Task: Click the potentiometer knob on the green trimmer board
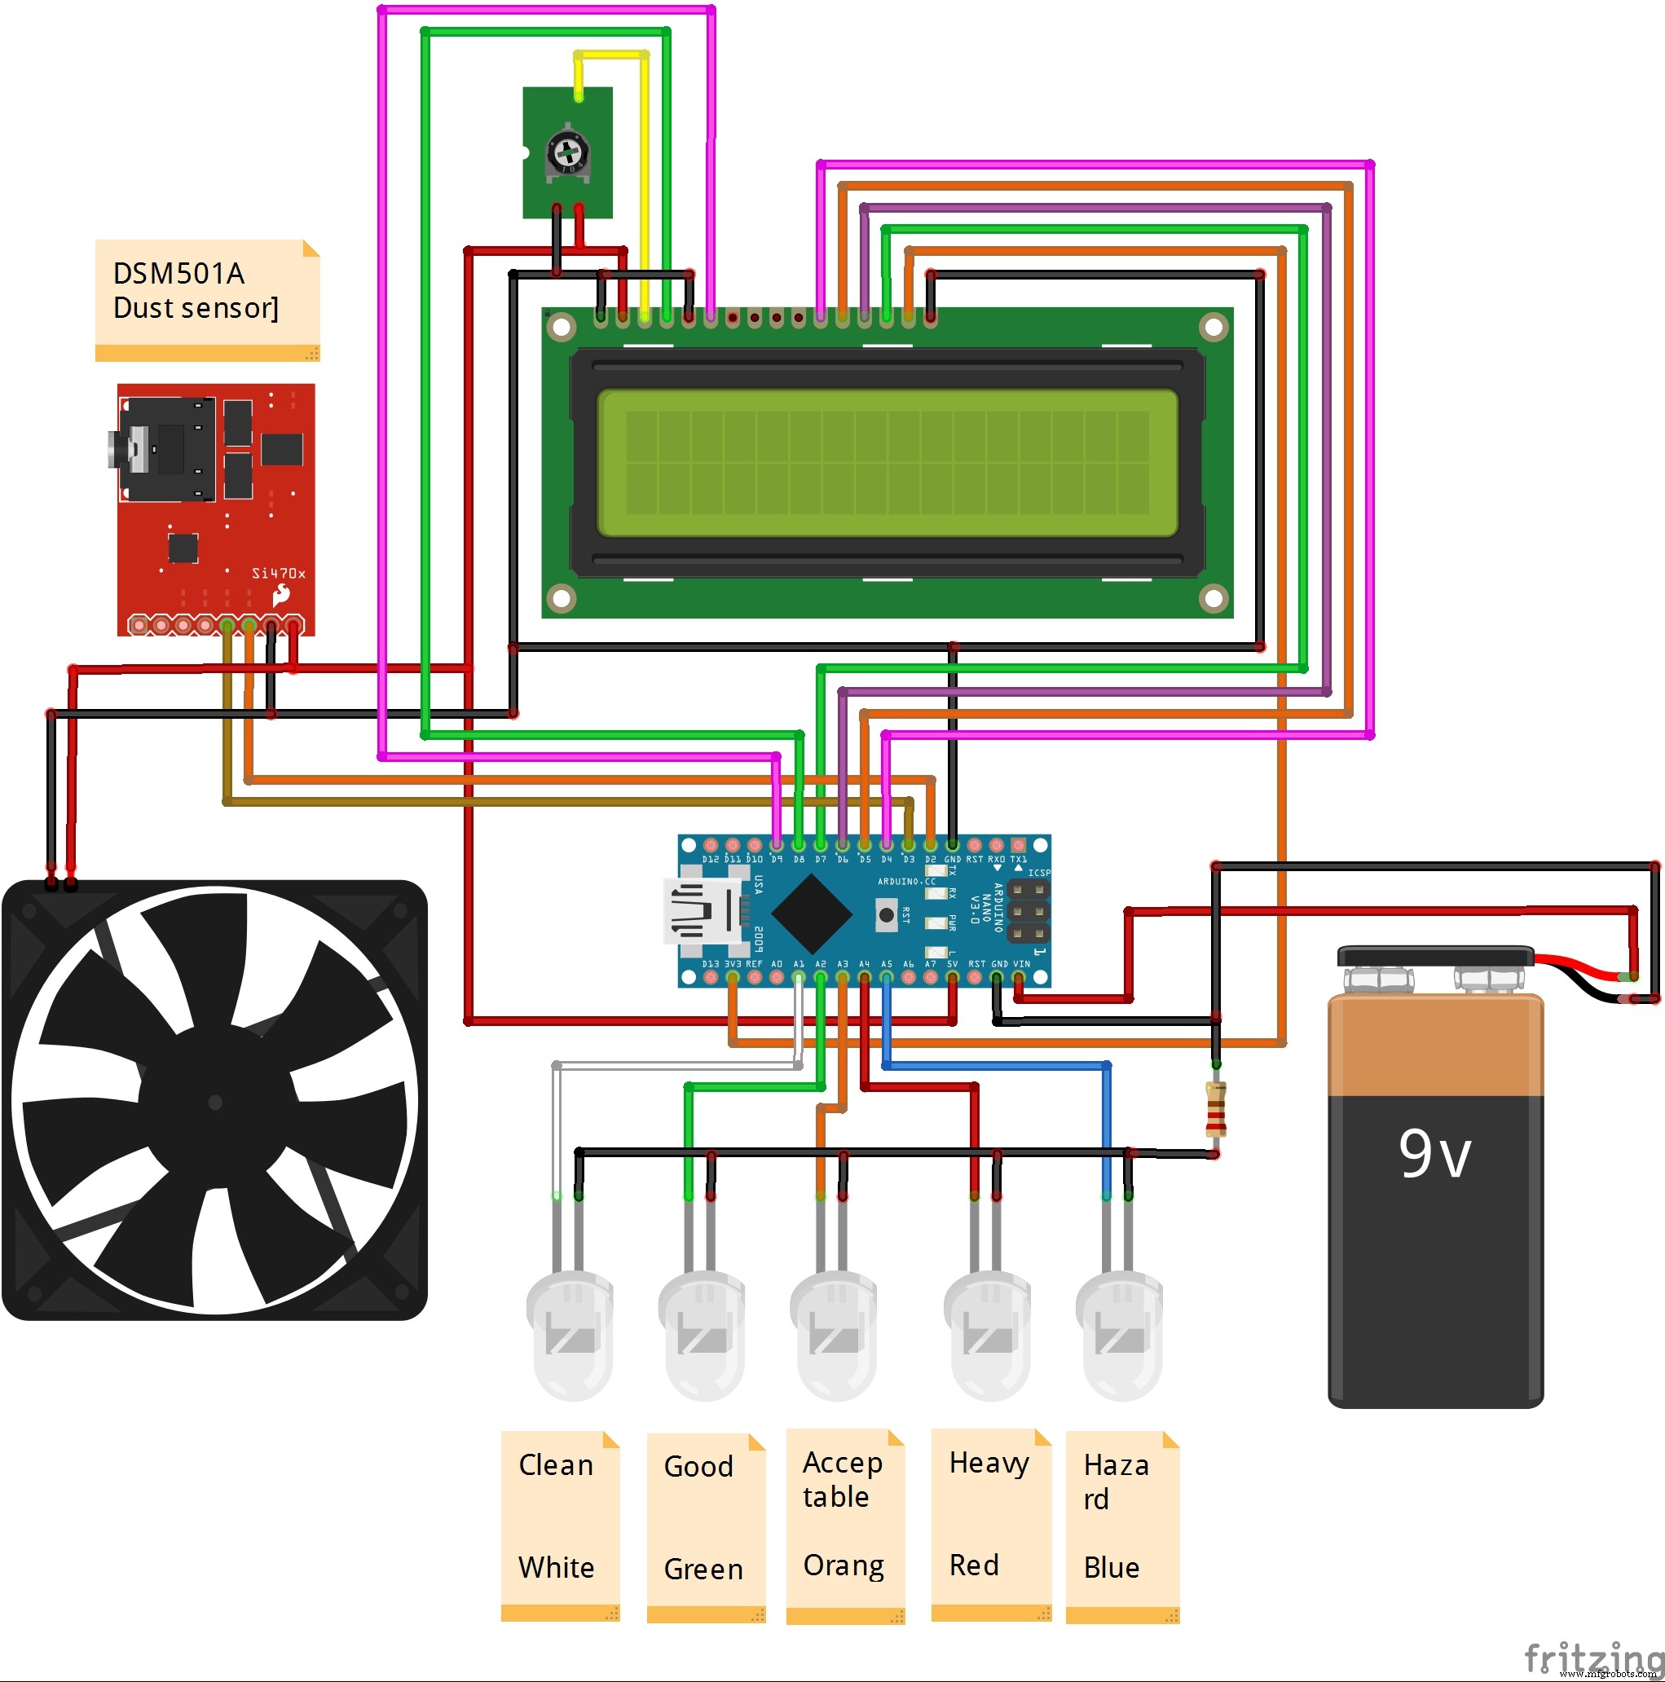(567, 153)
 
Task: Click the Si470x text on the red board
(278, 573)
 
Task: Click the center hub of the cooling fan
(215, 1102)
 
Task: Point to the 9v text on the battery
(1434, 1155)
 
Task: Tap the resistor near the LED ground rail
(1215, 1109)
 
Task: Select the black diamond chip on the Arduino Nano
(811, 914)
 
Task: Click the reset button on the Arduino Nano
(886, 915)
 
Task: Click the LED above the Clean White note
(570, 1333)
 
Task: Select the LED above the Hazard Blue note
(1119, 1333)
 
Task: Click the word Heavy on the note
(989, 1464)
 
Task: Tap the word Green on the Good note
(703, 1570)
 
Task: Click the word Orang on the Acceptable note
(843, 1565)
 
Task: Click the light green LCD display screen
(886, 462)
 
